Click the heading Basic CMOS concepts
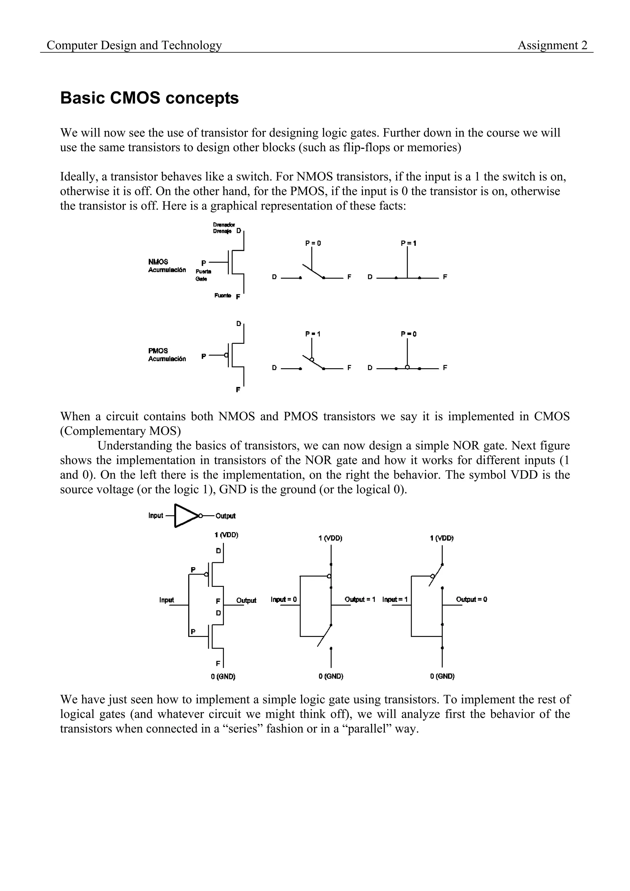point(150,98)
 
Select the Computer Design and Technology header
point(134,46)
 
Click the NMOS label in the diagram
point(158,262)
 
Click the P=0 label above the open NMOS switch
point(313,243)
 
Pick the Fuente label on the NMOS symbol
point(222,296)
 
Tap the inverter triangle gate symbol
point(186,516)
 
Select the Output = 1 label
point(360,599)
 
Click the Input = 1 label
point(395,599)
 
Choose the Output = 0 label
point(472,599)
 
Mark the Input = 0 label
point(283,599)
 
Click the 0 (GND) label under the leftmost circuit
point(223,676)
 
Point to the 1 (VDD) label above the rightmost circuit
point(442,538)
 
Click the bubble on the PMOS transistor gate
point(226,356)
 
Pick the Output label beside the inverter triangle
point(225,516)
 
